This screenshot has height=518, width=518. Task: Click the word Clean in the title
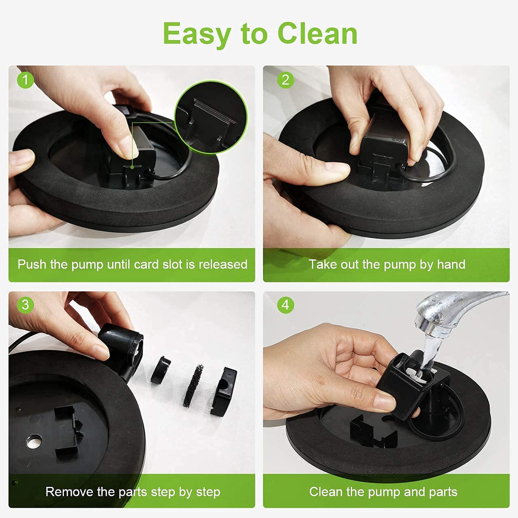[x=317, y=34]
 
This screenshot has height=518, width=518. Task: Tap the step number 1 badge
[x=25, y=80]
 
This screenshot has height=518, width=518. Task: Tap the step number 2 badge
[x=285, y=80]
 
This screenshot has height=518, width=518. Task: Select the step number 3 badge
[x=25, y=305]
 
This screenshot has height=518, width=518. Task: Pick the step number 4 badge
[x=285, y=305]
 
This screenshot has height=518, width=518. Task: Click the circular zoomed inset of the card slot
[x=211, y=117]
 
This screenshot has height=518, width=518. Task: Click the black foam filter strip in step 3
[x=193, y=385]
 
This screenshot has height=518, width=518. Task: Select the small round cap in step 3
[x=160, y=370]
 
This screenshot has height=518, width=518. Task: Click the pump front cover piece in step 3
[x=224, y=391]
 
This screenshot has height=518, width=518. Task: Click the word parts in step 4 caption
[x=443, y=492]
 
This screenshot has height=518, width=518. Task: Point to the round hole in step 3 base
[x=34, y=441]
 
